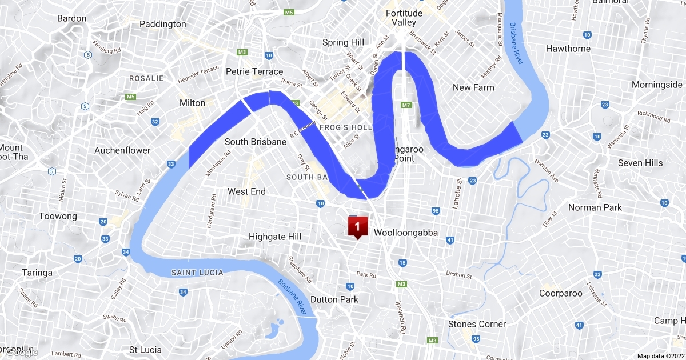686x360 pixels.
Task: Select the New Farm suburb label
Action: [473, 87]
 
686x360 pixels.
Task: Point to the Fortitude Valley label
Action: [404, 18]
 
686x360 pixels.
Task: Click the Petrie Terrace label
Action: [254, 71]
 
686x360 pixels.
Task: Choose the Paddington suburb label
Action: [163, 24]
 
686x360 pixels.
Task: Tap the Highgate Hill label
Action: [275, 237]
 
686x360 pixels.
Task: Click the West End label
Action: [246, 191]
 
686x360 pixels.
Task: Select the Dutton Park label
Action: [334, 299]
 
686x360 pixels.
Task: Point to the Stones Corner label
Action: [477, 324]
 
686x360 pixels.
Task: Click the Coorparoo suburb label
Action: [561, 293]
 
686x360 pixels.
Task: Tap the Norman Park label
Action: [595, 207]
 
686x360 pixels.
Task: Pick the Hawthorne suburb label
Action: [568, 49]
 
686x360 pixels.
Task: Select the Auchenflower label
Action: [122, 150]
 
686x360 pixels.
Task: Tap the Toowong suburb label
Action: [58, 217]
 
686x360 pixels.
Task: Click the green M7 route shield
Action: [406, 106]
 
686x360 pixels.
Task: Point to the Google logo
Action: [22, 352]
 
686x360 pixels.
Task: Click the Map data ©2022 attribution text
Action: [660, 355]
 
